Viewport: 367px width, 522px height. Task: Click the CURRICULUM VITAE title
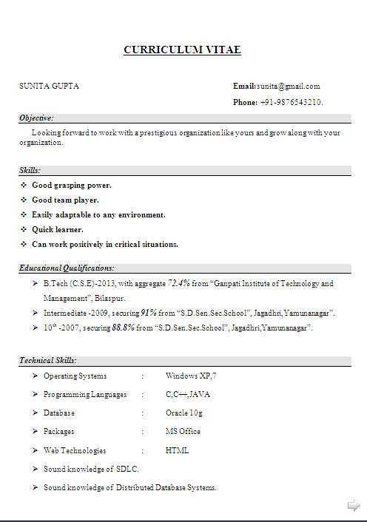[x=182, y=50]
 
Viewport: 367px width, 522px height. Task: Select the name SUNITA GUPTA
[x=49, y=86]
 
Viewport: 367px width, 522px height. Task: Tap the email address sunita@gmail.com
[x=289, y=86]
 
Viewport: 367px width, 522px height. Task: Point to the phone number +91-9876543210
[x=292, y=102]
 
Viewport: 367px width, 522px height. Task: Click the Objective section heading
[x=36, y=118]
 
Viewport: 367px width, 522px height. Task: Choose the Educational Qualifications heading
[x=67, y=268]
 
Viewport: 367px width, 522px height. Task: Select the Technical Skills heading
[x=48, y=361]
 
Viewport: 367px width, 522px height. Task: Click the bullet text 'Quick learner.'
[x=58, y=229]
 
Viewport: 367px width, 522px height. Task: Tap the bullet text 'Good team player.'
[x=65, y=200]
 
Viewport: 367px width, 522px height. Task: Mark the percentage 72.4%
[x=179, y=283]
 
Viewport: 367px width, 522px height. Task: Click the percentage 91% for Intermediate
[x=148, y=313]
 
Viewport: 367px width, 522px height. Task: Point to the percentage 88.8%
[x=123, y=328]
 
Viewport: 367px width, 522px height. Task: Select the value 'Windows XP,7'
[x=191, y=376]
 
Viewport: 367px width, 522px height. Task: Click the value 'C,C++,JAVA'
[x=188, y=395]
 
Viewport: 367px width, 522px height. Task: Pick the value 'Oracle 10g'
[x=184, y=413]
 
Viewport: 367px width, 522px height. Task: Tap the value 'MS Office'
[x=183, y=432]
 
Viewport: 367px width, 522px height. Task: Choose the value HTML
[x=177, y=450]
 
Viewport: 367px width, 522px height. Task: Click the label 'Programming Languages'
[x=85, y=395]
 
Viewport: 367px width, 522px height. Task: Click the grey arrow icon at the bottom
[x=354, y=506]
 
